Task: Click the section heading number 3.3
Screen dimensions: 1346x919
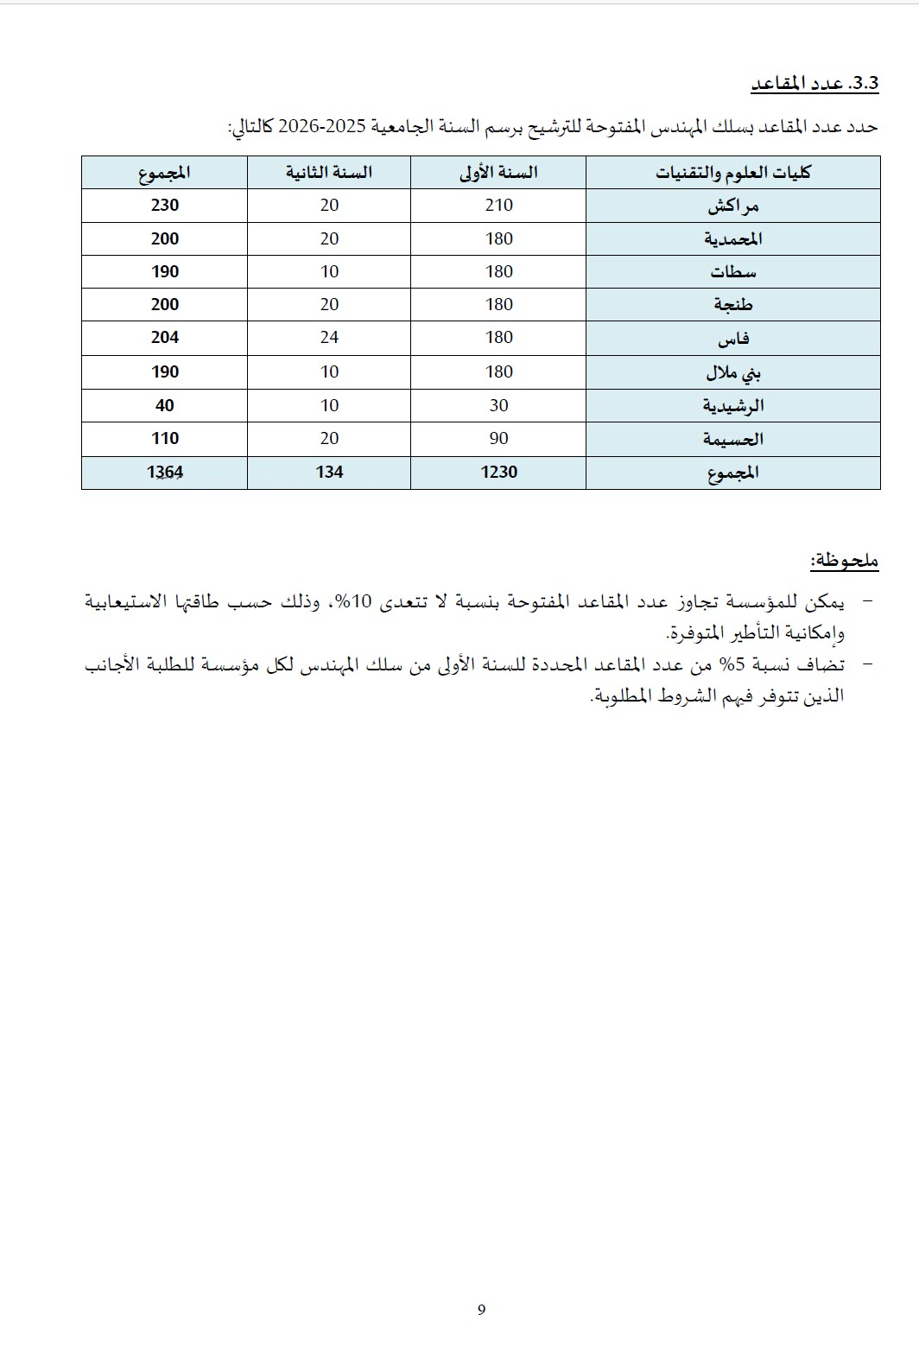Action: tap(864, 84)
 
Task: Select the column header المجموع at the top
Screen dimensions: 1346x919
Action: tap(164, 173)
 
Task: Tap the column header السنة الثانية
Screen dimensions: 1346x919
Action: tap(329, 173)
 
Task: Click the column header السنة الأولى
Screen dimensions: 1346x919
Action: tap(498, 173)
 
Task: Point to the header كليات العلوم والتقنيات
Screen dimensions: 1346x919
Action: tap(732, 173)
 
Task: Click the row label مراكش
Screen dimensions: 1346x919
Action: tap(732, 206)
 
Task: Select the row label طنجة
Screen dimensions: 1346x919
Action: tap(733, 305)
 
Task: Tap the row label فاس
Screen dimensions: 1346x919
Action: tap(733, 339)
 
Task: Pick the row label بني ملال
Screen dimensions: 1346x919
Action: tap(733, 372)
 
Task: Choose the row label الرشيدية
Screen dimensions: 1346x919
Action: tap(733, 406)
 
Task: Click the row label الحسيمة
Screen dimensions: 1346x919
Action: tap(733, 440)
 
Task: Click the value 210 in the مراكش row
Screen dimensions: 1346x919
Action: tap(498, 206)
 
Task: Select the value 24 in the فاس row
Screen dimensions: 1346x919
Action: tap(329, 338)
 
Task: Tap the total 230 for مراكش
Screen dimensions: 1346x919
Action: tap(164, 206)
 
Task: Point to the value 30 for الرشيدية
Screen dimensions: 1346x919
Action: tap(498, 405)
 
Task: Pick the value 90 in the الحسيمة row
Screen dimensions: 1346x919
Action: tap(498, 439)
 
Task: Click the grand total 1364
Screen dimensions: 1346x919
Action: tap(164, 472)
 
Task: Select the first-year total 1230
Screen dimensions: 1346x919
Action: tap(498, 472)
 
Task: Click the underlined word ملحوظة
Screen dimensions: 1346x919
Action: tap(844, 561)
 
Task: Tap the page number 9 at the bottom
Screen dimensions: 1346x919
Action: tap(481, 1310)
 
